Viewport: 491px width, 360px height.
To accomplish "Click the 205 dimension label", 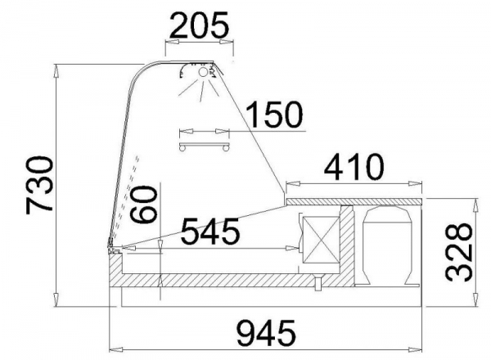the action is click(x=199, y=25).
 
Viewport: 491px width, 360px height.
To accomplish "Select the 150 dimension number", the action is click(x=275, y=114).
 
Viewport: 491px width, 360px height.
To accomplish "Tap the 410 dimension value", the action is click(x=354, y=167).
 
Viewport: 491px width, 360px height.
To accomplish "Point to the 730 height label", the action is click(x=39, y=186).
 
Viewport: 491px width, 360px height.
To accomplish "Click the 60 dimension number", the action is click(x=144, y=204).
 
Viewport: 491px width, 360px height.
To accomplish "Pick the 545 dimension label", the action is click(x=210, y=232).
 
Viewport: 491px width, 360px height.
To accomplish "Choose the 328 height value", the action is click(x=458, y=252).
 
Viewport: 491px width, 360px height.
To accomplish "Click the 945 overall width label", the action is click(x=266, y=332).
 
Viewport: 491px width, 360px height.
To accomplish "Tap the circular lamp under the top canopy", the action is click(x=203, y=72).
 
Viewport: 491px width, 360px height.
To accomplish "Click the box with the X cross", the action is click(x=322, y=240).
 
